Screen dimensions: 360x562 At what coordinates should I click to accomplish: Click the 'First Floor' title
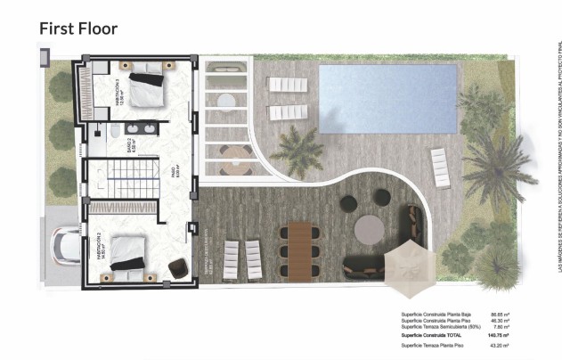[78, 29]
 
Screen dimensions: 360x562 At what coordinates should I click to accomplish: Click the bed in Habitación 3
[147, 90]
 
